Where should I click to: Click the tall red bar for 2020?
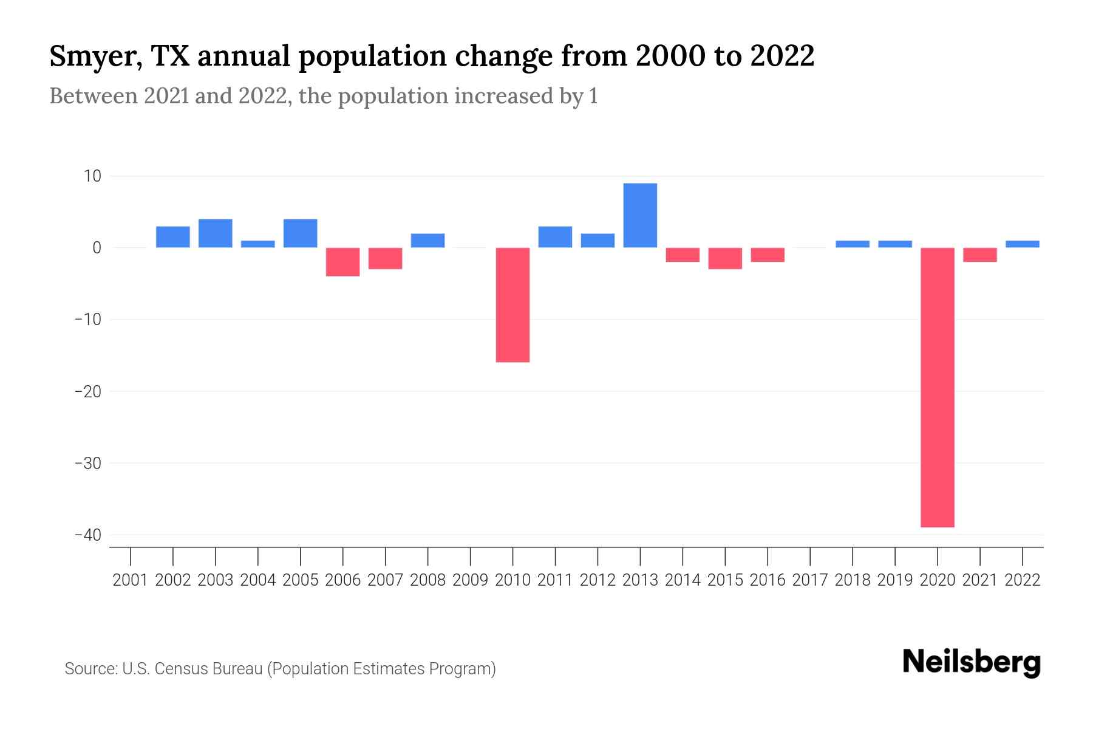pyautogui.click(x=937, y=387)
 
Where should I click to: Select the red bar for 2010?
pyautogui.click(x=512, y=304)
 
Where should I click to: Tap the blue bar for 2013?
pyautogui.click(x=640, y=215)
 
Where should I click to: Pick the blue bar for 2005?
pyautogui.click(x=301, y=233)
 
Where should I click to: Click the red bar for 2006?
pyautogui.click(x=343, y=262)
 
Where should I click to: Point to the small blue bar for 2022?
pyautogui.click(x=1022, y=244)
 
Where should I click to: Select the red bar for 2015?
pyautogui.click(x=725, y=258)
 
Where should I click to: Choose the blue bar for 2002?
pyautogui.click(x=173, y=237)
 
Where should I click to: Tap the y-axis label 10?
pyautogui.click(x=92, y=176)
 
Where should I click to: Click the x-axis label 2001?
pyautogui.click(x=131, y=580)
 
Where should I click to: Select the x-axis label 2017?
pyautogui.click(x=810, y=580)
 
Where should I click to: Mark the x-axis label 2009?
pyautogui.click(x=470, y=580)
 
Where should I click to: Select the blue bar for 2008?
pyautogui.click(x=427, y=241)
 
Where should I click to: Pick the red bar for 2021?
pyautogui.click(x=979, y=255)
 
